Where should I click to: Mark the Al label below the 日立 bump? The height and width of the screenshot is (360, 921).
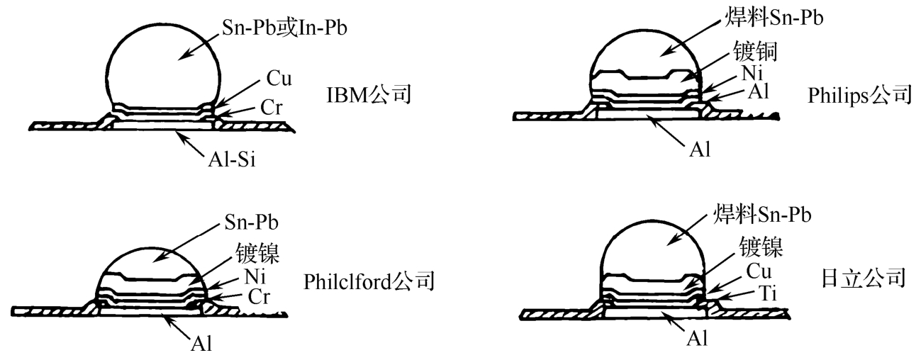(x=698, y=339)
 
